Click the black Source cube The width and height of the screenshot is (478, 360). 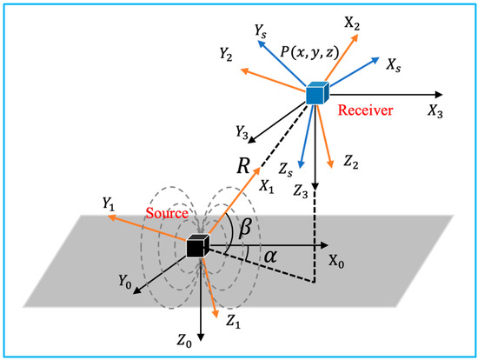197,247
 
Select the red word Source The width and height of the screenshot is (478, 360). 156,213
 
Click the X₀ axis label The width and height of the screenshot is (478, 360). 337,261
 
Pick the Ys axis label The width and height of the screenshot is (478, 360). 260,30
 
